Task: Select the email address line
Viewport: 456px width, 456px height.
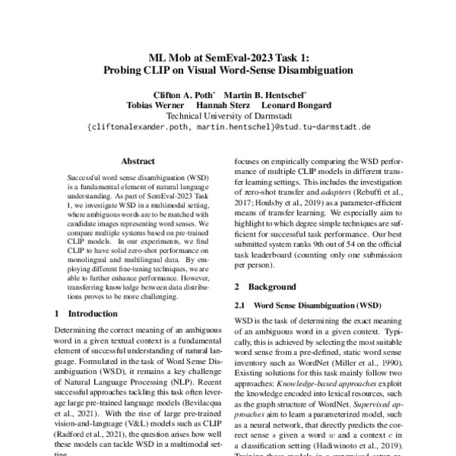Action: pyautogui.click(x=228, y=127)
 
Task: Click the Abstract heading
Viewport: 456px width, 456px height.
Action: pyautogui.click(x=138, y=161)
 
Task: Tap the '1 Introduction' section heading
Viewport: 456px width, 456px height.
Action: pyautogui.click(x=83, y=313)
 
